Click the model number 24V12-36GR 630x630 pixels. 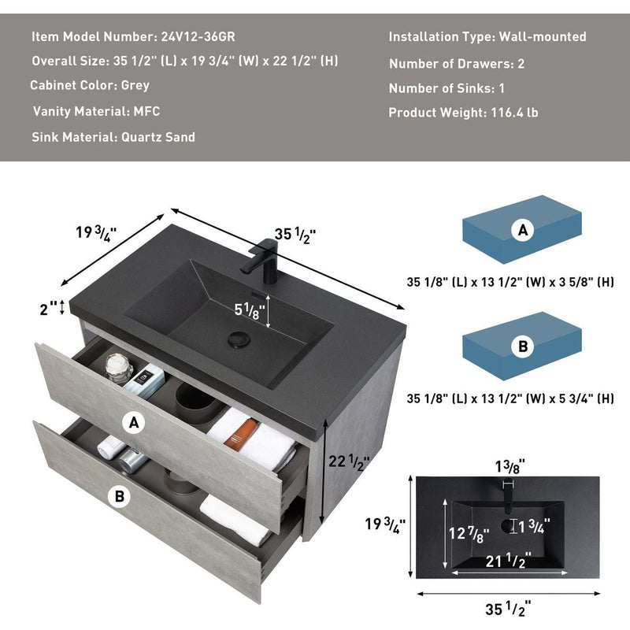198,36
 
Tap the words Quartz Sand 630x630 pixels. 158,137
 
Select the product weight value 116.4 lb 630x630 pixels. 514,113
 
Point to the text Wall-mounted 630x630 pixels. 543,36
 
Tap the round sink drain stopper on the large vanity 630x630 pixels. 239,339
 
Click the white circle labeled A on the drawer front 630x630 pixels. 134,422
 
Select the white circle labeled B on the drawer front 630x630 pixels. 120,496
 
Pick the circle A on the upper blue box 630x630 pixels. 523,230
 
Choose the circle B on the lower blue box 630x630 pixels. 523,346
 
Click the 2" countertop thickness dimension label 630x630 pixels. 48,309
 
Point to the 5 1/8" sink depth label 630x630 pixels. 250,310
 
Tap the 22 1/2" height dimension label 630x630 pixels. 349,461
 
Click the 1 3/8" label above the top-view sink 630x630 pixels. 510,466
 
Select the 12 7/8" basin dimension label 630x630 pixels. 469,534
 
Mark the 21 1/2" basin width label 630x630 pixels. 508,560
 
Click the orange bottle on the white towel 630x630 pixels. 241,434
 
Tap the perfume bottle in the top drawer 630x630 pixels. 119,368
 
